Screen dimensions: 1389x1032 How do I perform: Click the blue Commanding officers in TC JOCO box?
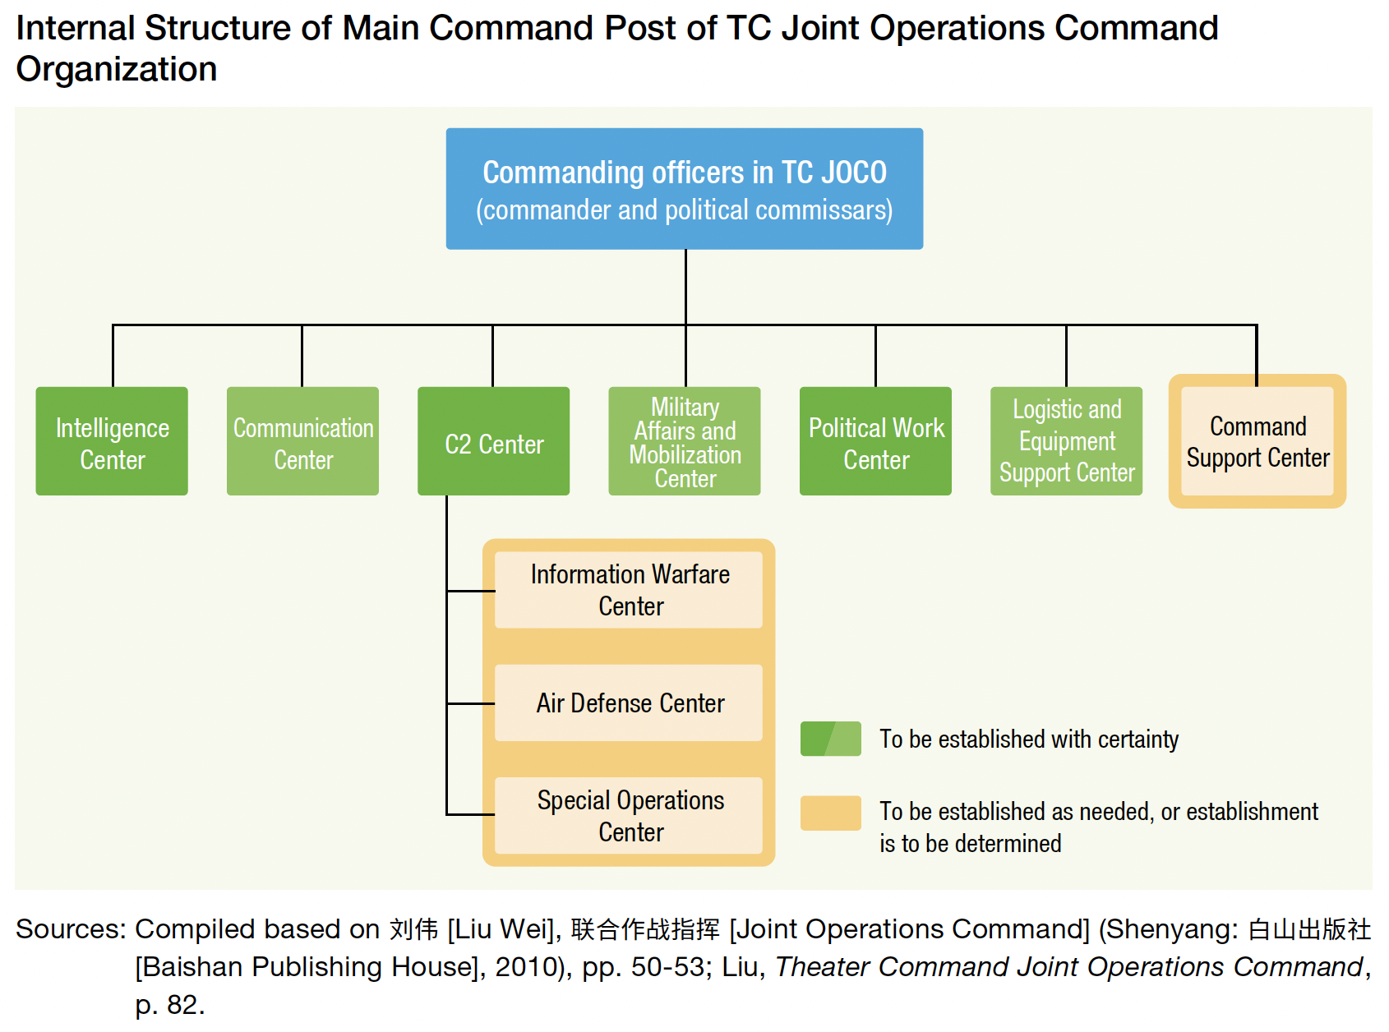pyautogui.click(x=684, y=188)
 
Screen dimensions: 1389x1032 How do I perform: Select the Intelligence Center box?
pyautogui.click(x=112, y=441)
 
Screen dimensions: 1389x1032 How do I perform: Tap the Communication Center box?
pyautogui.click(x=302, y=441)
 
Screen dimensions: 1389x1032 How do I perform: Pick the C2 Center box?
pyautogui.click(x=493, y=441)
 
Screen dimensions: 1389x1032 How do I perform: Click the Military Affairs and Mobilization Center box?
pyautogui.click(x=685, y=441)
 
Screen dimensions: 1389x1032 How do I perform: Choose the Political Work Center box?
pyautogui.click(x=875, y=441)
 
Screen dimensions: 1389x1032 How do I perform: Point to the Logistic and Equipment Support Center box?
pyautogui.click(x=1067, y=441)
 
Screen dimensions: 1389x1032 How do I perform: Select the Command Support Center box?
pyautogui.click(x=1257, y=441)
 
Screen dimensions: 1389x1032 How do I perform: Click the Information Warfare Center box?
pyautogui.click(x=629, y=590)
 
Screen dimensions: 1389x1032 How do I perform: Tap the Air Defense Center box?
pyautogui.click(x=629, y=703)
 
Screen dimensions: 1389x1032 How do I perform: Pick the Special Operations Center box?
pyautogui.click(x=629, y=815)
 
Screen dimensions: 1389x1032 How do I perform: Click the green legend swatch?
pyautogui.click(x=830, y=739)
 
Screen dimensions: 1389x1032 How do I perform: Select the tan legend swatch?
pyautogui.click(x=830, y=813)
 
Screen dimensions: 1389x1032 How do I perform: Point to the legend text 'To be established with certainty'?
pyautogui.click(x=1029, y=739)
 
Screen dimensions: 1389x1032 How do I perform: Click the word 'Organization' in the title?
pyautogui.click(x=117, y=70)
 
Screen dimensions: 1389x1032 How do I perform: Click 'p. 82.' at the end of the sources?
pyautogui.click(x=170, y=1004)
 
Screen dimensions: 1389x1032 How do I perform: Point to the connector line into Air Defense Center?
pyautogui.click(x=470, y=704)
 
